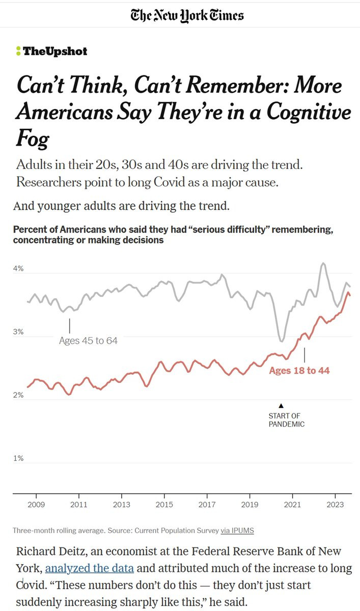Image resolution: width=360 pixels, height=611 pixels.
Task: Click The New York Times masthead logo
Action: [x=186, y=15]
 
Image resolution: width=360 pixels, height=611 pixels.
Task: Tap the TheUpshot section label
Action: [x=51, y=51]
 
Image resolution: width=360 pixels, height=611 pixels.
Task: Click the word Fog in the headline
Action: [x=33, y=138]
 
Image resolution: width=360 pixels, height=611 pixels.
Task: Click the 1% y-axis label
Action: [x=18, y=458]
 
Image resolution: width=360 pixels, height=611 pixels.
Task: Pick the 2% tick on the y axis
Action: [x=18, y=395]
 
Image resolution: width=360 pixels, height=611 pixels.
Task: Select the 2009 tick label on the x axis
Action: [x=36, y=505]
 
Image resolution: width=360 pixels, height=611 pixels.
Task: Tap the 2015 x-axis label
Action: [x=164, y=505]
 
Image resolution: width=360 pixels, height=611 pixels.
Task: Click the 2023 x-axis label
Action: [x=335, y=505]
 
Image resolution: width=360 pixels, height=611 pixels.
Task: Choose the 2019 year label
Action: [x=250, y=505]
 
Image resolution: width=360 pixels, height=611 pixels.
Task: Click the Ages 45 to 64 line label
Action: [x=88, y=341]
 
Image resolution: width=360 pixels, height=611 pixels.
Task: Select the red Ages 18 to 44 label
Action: [x=299, y=371]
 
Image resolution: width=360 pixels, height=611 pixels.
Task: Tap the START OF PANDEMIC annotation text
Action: [x=286, y=420]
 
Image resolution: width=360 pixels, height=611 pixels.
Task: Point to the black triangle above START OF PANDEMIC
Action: [x=281, y=406]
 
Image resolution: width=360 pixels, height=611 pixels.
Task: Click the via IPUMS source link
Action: [x=237, y=531]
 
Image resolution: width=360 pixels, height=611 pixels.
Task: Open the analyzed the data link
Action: [x=89, y=568]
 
